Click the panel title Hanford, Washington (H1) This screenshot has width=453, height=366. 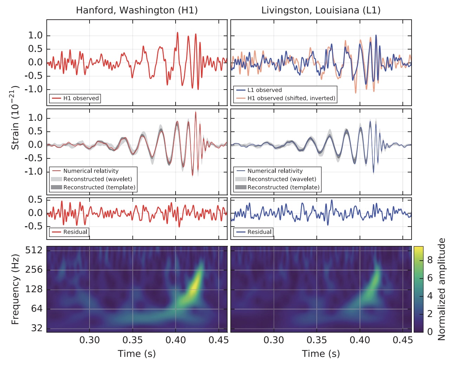pos(137,10)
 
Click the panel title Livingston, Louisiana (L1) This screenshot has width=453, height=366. pos(321,10)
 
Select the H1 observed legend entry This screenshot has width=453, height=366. pos(81,98)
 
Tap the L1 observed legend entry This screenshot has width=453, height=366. pos(264,90)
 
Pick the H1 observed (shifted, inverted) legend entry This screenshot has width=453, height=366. pos(291,98)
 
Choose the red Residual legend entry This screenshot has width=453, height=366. pos(75,232)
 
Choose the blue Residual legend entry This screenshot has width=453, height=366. pos(259,232)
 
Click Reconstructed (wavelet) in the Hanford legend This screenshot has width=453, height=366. pos(98,179)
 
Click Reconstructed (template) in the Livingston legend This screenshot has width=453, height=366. pos(283,187)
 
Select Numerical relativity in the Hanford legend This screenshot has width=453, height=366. pos(91,171)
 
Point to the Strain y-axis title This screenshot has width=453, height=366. pos(15,118)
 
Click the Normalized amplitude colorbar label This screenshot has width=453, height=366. pos(441,289)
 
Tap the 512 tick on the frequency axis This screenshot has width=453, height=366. pos(34,250)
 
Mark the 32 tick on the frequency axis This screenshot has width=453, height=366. pos(37,328)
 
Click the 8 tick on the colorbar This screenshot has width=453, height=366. pos(430,260)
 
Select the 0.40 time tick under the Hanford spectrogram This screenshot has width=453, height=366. pos(176,340)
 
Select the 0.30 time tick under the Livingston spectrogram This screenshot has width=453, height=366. pos(274,340)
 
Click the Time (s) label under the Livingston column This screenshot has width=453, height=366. pos(321,354)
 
